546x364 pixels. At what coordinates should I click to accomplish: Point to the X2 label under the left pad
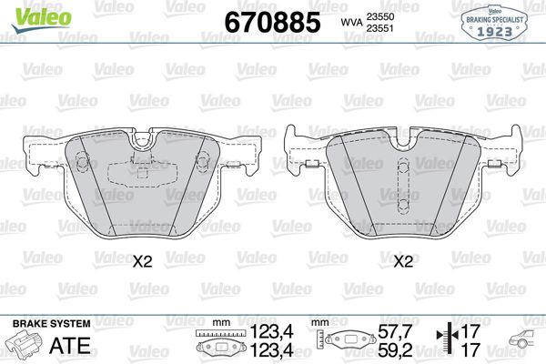(x=141, y=262)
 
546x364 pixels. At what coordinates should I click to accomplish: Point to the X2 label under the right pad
(x=403, y=262)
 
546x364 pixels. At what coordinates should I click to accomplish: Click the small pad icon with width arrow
(x=222, y=347)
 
